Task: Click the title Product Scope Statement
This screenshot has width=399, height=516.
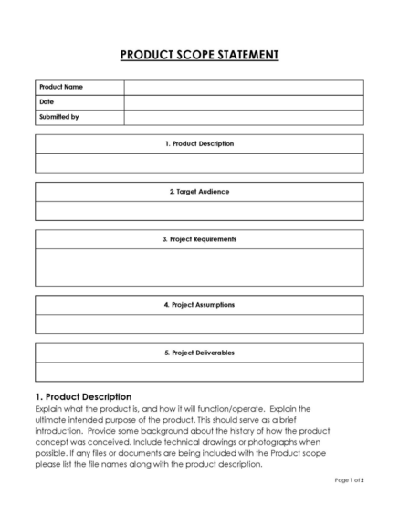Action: tap(199, 55)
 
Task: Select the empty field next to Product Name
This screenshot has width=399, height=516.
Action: tap(243, 87)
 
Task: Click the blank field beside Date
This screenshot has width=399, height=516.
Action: tap(243, 101)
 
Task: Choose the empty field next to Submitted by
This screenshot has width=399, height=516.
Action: tap(243, 116)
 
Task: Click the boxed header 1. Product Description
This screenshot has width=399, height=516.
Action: tap(199, 144)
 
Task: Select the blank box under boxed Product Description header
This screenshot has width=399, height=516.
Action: tap(199, 163)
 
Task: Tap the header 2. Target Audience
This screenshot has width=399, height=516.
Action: tap(199, 192)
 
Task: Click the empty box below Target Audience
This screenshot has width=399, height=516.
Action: tap(199, 211)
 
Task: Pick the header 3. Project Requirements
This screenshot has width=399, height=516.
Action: tap(199, 239)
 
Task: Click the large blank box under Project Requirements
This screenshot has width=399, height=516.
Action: tap(199, 268)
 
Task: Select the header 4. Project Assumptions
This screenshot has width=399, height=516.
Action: tap(199, 305)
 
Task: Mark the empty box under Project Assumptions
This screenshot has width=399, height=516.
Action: tap(199, 324)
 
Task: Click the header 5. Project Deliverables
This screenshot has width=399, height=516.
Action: tap(199, 353)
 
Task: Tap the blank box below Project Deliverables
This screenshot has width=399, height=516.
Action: tap(199, 372)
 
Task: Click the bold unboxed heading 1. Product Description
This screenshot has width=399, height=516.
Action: tap(83, 396)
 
